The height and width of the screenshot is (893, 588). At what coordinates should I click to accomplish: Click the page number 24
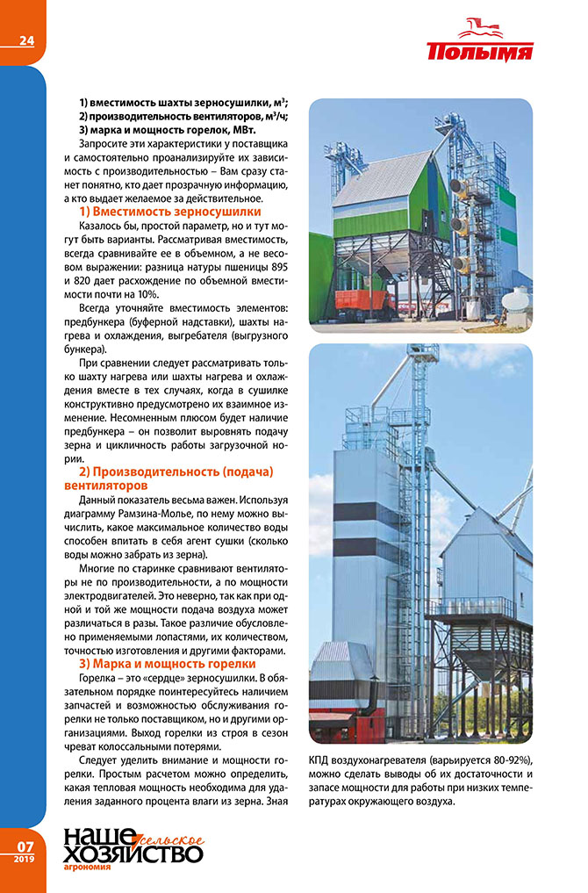[x=26, y=38]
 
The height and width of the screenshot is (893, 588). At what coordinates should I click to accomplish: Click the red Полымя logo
[x=480, y=44]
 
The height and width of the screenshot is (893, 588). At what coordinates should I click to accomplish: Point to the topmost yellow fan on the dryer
[x=458, y=186]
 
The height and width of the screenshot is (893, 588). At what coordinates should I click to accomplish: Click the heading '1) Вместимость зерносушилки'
[x=169, y=212]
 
